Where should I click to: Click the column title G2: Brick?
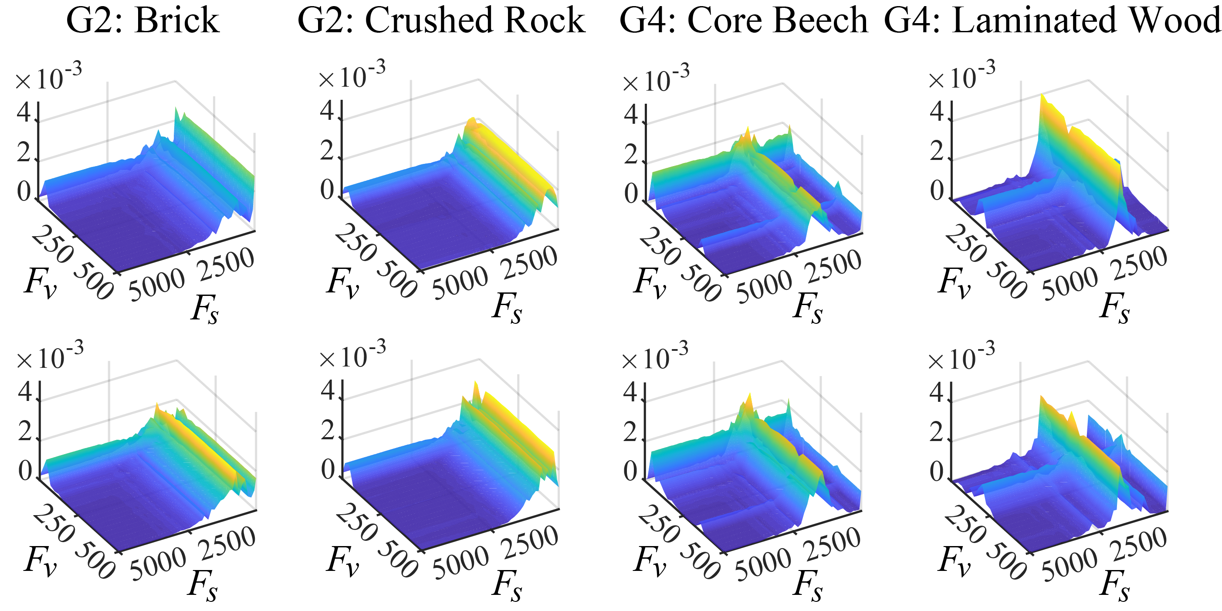[143, 21]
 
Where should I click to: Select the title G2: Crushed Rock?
[441, 21]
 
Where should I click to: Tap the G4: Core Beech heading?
[743, 21]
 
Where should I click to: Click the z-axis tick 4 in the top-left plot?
[24, 113]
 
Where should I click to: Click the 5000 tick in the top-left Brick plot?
[157, 285]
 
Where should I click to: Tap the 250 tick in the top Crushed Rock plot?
[356, 242]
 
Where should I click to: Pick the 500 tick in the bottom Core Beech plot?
[700, 562]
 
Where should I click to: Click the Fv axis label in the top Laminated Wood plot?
[954, 283]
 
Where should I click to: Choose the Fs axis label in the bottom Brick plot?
[203, 585]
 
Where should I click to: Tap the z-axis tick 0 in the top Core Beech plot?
[631, 193]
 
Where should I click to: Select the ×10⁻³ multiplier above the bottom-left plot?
[50, 356]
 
